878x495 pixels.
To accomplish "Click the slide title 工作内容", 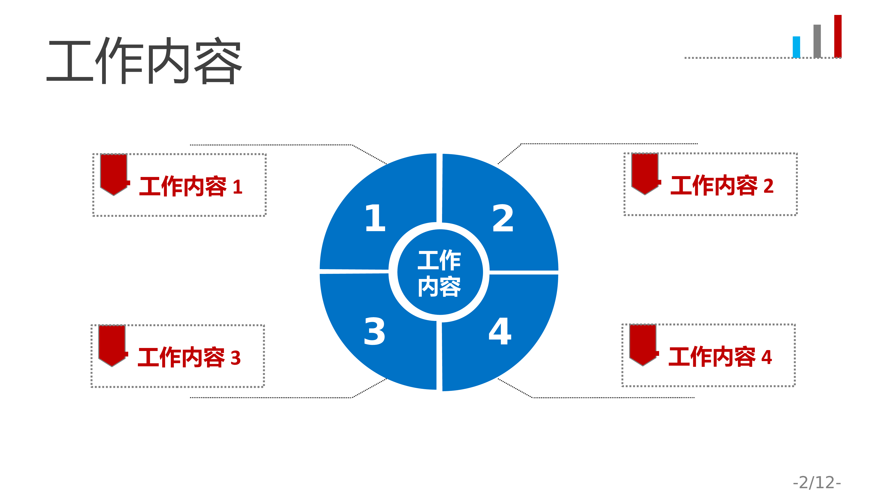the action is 144,60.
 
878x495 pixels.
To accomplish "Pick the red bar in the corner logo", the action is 838,36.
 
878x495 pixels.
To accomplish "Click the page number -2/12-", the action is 817,482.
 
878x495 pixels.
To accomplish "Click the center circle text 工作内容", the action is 439,273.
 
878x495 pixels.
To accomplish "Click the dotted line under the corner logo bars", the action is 763,58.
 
